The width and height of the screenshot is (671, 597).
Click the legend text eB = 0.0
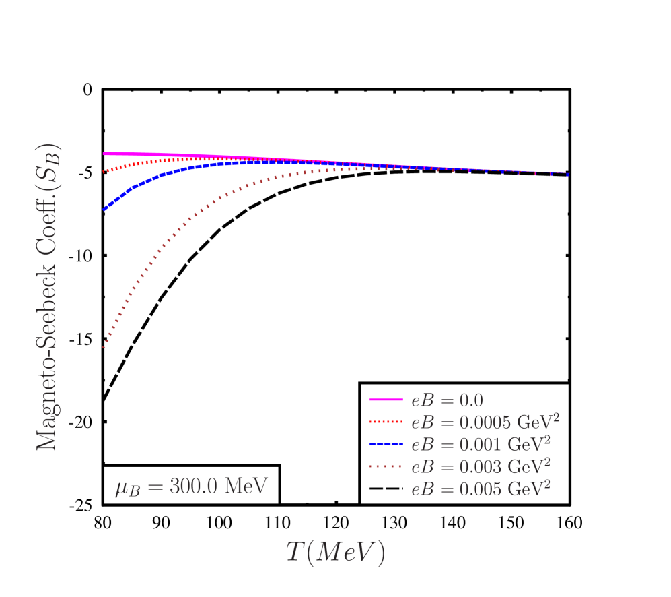pos(447,400)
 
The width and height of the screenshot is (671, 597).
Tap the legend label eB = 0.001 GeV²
pos(481,444)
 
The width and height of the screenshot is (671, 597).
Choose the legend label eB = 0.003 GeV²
pos(481,466)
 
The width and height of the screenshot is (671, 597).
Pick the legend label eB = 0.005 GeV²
pos(481,489)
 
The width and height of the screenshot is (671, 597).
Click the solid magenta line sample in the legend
pos(386,400)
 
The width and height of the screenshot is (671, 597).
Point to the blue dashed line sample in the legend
pos(386,445)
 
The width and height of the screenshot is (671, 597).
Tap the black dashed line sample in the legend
pos(386,489)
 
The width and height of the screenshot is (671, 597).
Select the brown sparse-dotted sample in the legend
pos(386,467)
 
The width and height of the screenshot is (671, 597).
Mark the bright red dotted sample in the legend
pos(386,422)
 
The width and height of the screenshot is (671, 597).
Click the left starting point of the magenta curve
pos(104,154)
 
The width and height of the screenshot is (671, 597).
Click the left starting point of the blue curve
pos(104,210)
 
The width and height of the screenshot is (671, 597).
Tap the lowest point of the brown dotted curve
pos(104,348)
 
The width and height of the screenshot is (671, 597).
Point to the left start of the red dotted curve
pos(104,172)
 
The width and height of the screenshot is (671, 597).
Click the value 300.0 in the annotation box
pos(193,486)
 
